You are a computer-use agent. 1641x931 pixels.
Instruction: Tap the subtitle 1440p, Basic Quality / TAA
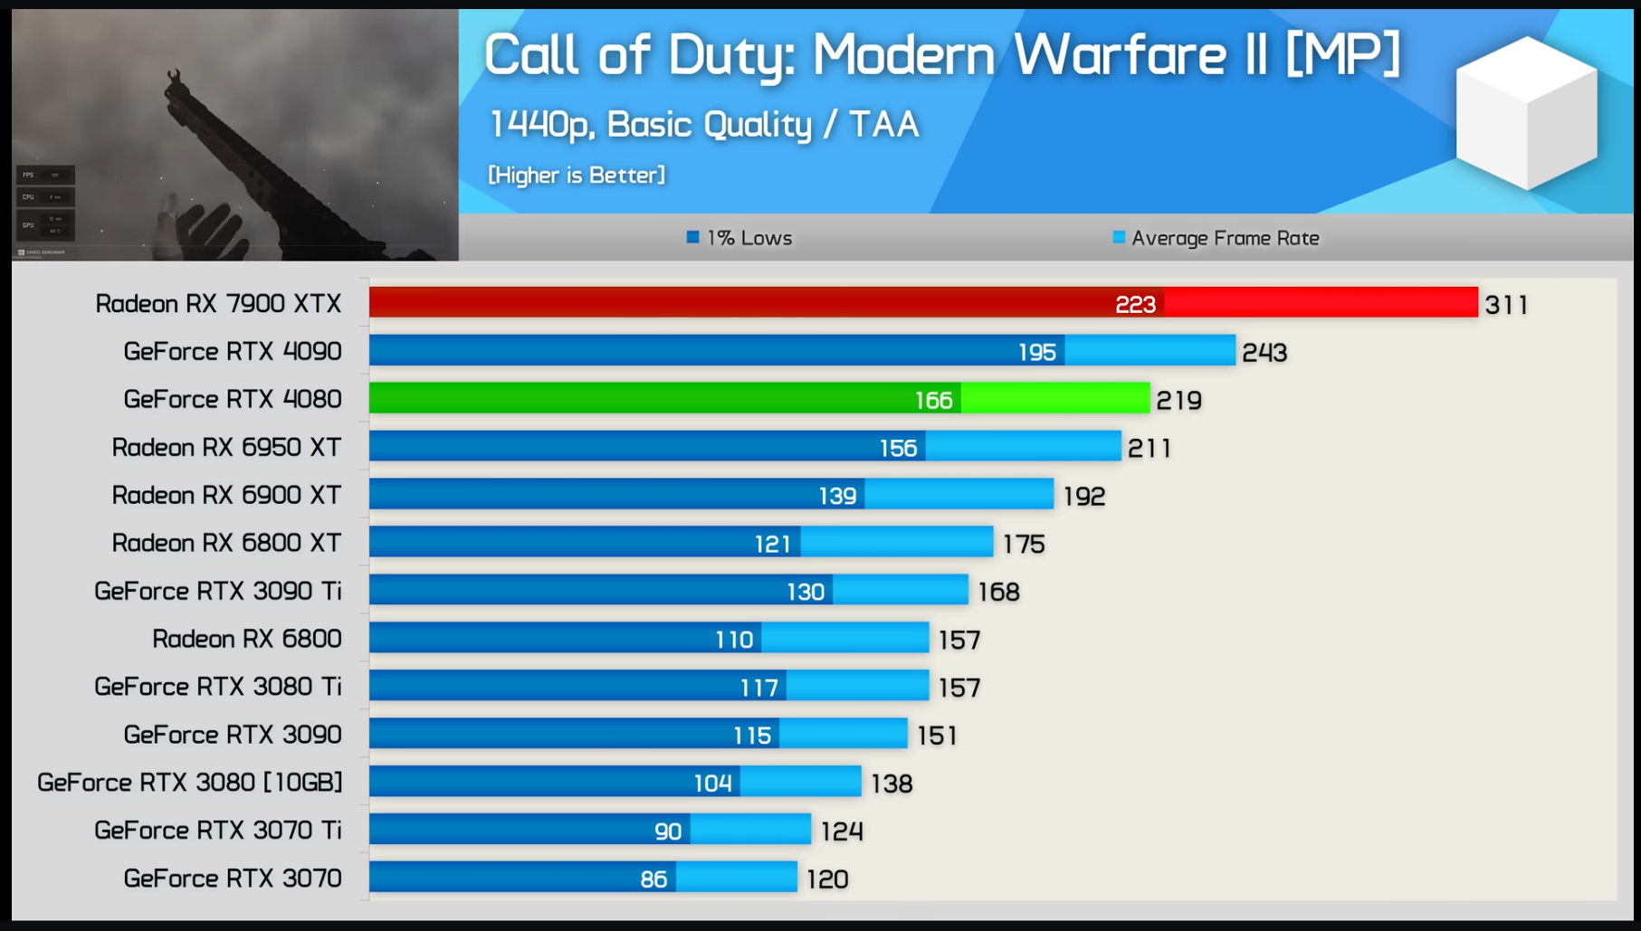pos(703,125)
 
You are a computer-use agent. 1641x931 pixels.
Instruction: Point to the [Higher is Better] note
pos(577,175)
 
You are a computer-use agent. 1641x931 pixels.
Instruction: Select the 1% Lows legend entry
pos(739,238)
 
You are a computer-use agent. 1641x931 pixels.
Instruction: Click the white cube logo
pos(1526,113)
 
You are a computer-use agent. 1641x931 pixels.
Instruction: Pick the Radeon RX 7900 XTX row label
pos(218,303)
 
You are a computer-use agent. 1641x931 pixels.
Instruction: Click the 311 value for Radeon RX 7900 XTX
pos(1506,305)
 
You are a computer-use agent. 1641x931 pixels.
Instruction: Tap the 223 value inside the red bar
pos(1135,304)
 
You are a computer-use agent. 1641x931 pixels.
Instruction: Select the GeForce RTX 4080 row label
pos(233,399)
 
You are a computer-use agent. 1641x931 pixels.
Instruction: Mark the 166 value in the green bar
pos(933,400)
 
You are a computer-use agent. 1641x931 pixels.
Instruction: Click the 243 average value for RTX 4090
pos(1264,352)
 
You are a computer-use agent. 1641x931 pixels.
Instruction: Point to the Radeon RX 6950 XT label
pos(226,447)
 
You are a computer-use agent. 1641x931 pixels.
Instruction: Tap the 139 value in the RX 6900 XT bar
pos(837,496)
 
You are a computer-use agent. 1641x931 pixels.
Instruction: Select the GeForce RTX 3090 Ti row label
pos(218,591)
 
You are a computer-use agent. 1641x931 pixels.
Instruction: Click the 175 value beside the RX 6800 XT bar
pos(1024,544)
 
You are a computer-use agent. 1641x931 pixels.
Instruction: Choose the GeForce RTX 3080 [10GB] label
pos(190,782)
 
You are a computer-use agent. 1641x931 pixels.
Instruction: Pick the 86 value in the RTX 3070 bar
pos(654,879)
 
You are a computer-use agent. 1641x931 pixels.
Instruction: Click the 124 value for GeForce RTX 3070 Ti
pos(842,831)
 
